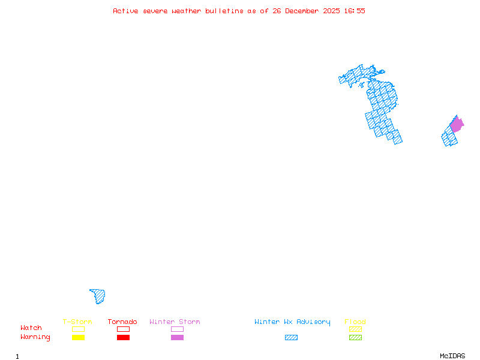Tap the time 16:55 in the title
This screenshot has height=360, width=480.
(x=355, y=11)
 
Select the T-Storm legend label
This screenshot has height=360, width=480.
(x=77, y=322)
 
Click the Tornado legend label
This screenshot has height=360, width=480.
(x=122, y=322)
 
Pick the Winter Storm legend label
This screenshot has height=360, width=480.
(x=175, y=322)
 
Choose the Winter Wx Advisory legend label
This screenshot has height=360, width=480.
(x=292, y=322)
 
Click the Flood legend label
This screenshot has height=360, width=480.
(x=355, y=322)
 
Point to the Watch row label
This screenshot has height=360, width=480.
(x=31, y=328)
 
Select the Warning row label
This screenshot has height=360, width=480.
(x=35, y=337)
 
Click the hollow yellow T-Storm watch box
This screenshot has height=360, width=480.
(x=78, y=329)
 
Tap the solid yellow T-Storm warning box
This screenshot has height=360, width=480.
(x=78, y=338)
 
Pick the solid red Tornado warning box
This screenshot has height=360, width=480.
(x=123, y=338)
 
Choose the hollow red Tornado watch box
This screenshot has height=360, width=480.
(x=123, y=329)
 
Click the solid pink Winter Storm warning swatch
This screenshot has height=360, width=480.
(x=177, y=338)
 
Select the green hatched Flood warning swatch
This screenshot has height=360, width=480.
(x=355, y=338)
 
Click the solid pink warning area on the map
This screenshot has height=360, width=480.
(x=457, y=125)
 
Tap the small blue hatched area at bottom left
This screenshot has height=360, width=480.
(x=99, y=296)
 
